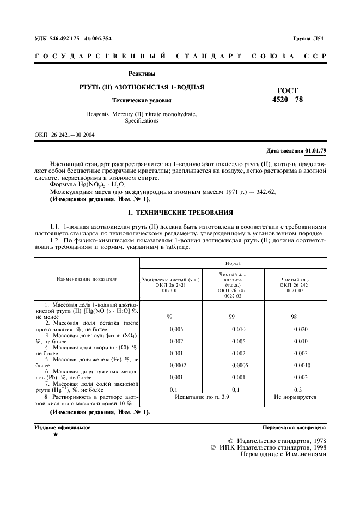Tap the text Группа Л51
[x=308, y=38]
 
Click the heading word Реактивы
[x=142, y=74]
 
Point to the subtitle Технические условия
[x=142, y=100]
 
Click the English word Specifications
[x=142, y=121]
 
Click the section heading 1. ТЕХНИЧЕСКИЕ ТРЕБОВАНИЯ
[x=179, y=212]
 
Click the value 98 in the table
[x=294, y=316]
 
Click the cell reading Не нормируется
[x=295, y=397]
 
